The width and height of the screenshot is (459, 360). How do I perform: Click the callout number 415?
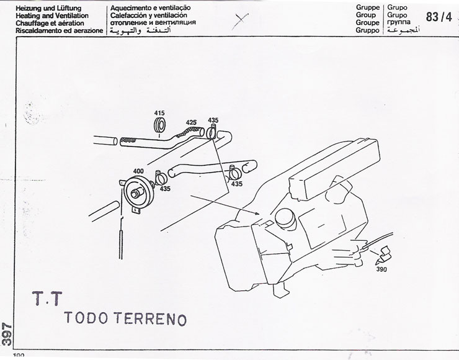click(x=159, y=113)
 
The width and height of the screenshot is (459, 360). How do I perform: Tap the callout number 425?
click(x=191, y=122)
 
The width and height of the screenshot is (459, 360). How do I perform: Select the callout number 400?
click(x=138, y=171)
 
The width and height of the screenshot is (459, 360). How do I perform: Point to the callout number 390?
click(x=381, y=269)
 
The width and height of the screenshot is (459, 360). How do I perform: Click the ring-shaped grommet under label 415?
click(x=159, y=125)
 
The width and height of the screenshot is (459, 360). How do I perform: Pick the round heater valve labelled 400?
click(x=138, y=193)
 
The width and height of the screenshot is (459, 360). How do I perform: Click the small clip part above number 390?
click(x=383, y=255)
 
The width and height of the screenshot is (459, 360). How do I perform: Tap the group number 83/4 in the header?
click(x=439, y=17)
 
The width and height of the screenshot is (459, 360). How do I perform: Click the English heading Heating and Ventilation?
click(x=52, y=16)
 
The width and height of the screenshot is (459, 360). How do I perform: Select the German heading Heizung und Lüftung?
click(x=48, y=8)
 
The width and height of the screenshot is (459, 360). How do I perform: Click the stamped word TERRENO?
click(x=150, y=318)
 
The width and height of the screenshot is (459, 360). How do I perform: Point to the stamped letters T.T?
click(x=47, y=299)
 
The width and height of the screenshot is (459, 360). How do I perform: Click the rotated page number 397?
click(x=7, y=334)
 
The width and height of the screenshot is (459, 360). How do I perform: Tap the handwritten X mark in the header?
click(x=240, y=21)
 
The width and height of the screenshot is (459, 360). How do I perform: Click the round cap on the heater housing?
click(x=285, y=218)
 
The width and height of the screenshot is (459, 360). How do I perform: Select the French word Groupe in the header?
click(x=367, y=22)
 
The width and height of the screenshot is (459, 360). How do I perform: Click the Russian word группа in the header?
click(x=399, y=22)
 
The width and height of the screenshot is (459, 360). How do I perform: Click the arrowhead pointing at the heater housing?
click(x=257, y=214)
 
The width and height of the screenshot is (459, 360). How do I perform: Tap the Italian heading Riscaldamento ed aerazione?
click(x=60, y=30)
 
